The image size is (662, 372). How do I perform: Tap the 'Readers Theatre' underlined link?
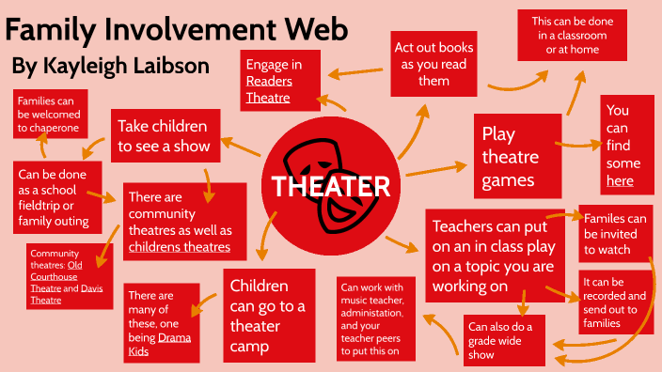(x=268, y=89)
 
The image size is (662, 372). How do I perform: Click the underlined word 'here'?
(x=620, y=180)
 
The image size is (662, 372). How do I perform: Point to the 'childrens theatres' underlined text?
(x=179, y=247)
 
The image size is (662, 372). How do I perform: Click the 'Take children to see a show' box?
(x=165, y=135)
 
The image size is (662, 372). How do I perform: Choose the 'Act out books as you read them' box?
(x=433, y=64)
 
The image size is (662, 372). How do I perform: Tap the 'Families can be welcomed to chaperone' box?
(x=50, y=114)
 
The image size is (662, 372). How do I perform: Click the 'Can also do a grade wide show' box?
(x=504, y=339)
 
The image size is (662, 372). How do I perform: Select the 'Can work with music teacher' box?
(x=376, y=319)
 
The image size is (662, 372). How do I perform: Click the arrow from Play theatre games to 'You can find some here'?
(x=577, y=145)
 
